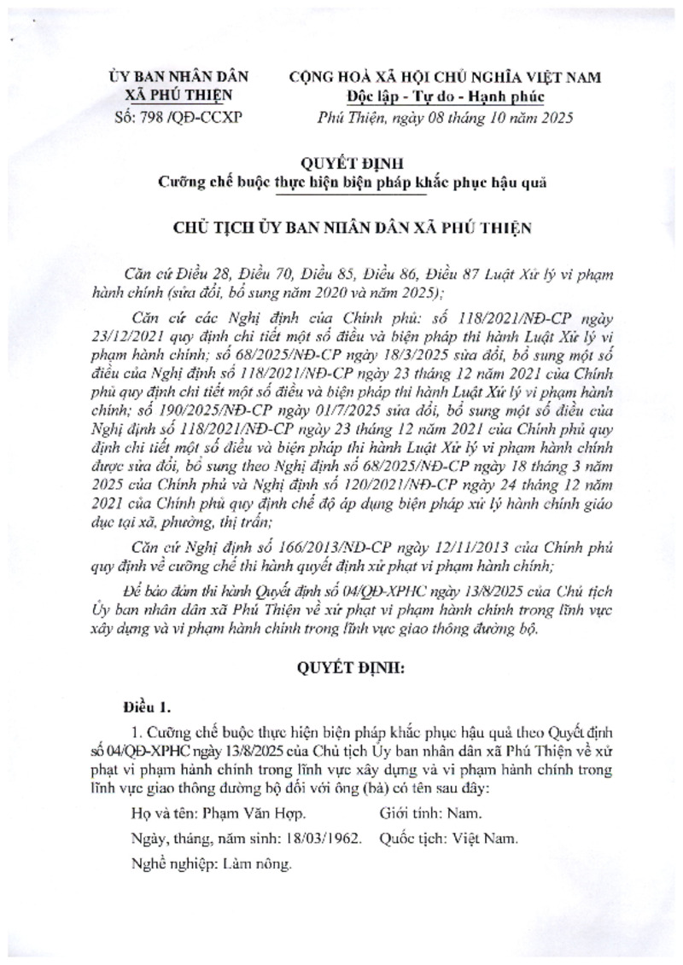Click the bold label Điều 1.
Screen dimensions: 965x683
(147, 706)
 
